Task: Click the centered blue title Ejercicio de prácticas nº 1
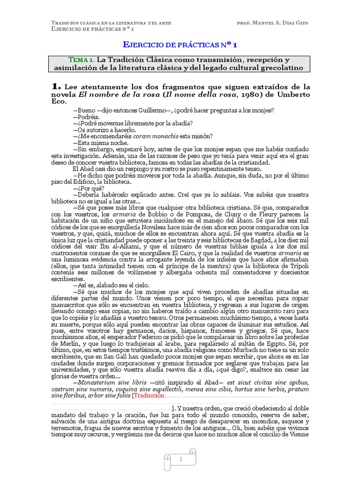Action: (180, 45)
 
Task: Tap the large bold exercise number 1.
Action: (56, 86)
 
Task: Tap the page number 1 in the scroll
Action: (180, 460)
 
